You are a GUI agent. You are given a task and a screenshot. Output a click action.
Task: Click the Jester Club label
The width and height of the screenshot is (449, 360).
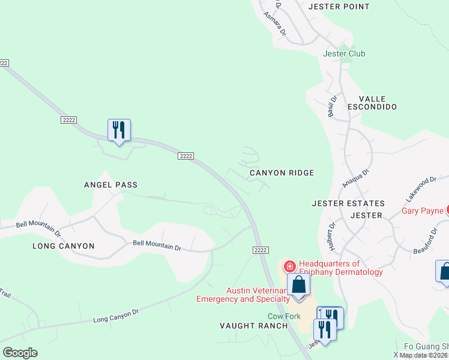(344, 53)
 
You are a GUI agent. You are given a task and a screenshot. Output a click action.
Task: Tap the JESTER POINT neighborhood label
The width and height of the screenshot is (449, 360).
(339, 7)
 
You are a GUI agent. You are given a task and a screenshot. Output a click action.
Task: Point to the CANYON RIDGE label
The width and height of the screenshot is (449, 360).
(282, 173)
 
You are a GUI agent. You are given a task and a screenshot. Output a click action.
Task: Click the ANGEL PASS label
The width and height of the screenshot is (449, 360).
(110, 185)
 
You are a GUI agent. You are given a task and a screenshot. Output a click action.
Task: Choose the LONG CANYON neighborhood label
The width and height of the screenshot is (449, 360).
(63, 246)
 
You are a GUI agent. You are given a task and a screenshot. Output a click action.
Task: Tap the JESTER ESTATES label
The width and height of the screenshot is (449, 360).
(348, 203)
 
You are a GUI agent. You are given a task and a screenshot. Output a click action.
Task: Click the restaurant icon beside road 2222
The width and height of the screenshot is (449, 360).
(119, 130)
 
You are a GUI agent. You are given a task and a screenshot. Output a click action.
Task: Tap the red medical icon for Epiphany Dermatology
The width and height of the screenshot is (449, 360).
(289, 266)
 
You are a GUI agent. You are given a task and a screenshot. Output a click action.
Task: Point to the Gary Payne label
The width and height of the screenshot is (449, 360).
(422, 211)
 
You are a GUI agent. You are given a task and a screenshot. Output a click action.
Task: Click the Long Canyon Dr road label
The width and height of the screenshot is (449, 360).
(116, 316)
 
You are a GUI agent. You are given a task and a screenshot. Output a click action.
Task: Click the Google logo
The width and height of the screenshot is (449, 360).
(20, 352)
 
